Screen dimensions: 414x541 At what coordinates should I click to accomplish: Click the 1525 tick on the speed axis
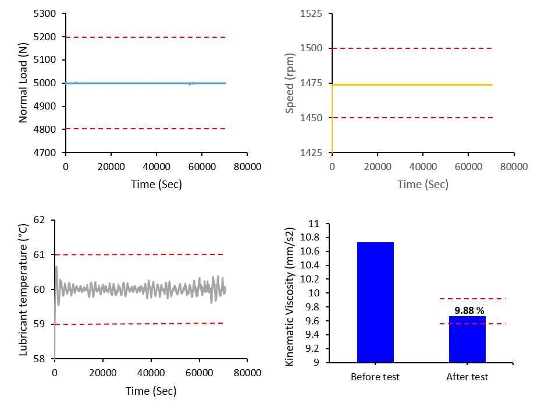pyautogui.click(x=311, y=13)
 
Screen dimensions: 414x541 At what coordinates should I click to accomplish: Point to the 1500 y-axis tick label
pyautogui.click(x=311, y=48)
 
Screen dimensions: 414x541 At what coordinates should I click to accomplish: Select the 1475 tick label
pyautogui.click(x=311, y=83)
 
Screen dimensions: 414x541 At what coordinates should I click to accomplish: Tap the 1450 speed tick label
pyautogui.click(x=311, y=118)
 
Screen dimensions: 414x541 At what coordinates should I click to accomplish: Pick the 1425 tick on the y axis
pyautogui.click(x=311, y=153)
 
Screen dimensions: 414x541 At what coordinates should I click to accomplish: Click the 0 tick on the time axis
pyautogui.click(x=332, y=167)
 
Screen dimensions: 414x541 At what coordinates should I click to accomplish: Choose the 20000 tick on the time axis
pyautogui.click(x=378, y=167)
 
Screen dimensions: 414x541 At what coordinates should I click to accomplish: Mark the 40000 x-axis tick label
pyautogui.click(x=423, y=167)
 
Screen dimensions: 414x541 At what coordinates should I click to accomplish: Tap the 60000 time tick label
pyautogui.click(x=468, y=167)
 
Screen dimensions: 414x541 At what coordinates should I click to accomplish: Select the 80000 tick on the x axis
pyautogui.click(x=514, y=167)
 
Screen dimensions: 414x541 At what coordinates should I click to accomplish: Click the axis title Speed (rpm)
pyautogui.click(x=290, y=83)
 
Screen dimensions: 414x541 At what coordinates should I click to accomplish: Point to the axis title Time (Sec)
pyautogui.click(x=423, y=185)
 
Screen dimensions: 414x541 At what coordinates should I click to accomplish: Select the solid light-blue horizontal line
pyautogui.click(x=145, y=83)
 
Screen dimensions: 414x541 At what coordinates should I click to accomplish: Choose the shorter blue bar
pyautogui.click(x=467, y=339)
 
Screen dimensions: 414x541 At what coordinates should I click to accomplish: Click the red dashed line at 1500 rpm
pyautogui.click(x=412, y=48)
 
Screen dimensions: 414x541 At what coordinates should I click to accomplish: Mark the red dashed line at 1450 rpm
pyautogui.click(x=412, y=118)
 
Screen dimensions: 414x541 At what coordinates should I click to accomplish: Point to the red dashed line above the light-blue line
pyautogui.click(x=145, y=37)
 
